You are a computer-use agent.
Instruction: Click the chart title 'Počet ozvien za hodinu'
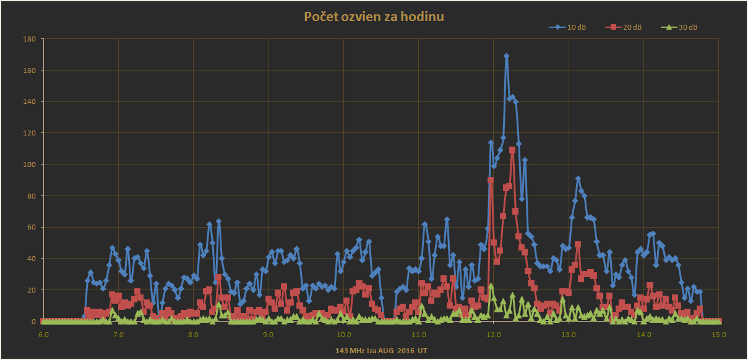374,17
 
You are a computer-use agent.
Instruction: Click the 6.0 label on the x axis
43,335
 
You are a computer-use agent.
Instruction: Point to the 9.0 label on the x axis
268,335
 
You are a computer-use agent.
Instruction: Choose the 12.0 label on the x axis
493,335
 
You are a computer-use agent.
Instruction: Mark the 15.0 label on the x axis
718,335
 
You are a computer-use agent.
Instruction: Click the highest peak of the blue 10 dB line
506,56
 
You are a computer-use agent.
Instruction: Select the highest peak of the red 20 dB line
512,150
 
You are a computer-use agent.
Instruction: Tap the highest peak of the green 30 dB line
491,286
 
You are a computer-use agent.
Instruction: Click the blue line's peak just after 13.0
578,179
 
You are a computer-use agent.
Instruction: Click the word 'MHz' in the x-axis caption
358,351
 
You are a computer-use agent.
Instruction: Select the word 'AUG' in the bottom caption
385,351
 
